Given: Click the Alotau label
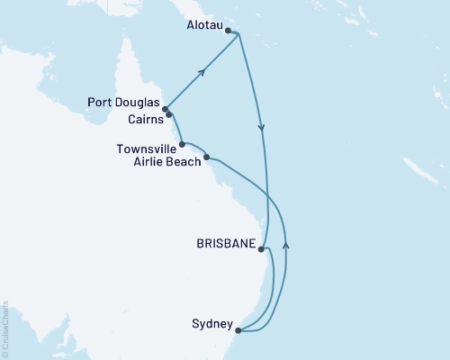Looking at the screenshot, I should point(202,31).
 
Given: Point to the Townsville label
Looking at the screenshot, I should point(146,144).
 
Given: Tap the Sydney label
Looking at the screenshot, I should point(213,323).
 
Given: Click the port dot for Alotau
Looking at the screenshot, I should point(228,31).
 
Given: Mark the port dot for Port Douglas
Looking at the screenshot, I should point(165,110).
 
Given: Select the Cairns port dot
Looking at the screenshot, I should point(168,115).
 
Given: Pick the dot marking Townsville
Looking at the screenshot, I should point(183,144).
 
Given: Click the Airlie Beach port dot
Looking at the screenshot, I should point(207,157).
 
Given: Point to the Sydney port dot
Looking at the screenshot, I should point(236,330).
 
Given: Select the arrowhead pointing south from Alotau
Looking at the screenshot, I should point(262,130).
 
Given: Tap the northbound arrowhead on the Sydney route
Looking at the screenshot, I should point(286,243).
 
